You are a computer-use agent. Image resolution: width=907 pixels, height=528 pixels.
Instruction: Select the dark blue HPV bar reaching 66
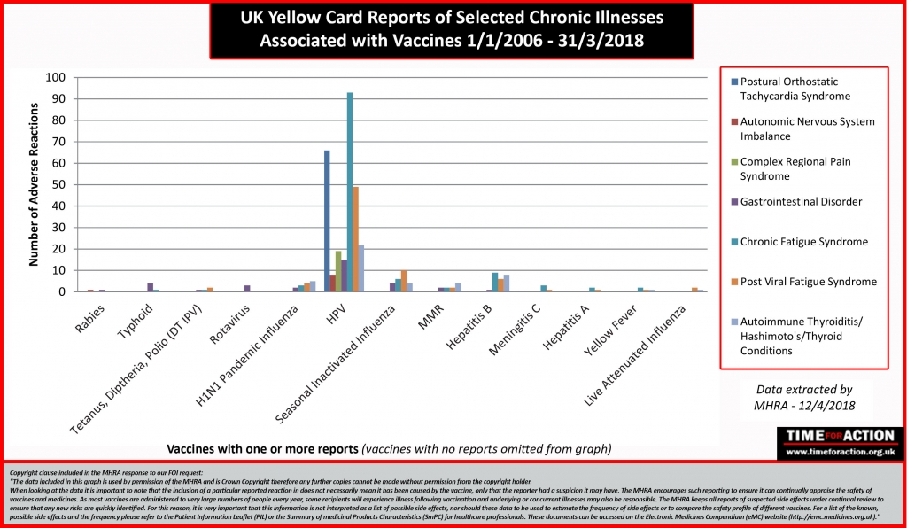click(327, 221)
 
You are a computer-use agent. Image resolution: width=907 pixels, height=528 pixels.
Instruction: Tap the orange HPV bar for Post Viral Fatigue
click(355, 239)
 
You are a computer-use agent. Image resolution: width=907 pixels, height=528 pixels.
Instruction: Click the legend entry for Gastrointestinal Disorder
click(801, 202)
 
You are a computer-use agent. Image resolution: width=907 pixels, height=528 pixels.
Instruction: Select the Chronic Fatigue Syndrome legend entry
click(803, 242)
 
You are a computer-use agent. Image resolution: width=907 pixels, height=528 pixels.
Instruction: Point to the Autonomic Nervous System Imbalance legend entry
click(806, 129)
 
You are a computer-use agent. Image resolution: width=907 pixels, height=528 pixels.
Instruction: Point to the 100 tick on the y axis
click(55, 78)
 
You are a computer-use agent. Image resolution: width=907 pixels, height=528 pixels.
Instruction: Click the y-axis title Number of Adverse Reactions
click(33, 184)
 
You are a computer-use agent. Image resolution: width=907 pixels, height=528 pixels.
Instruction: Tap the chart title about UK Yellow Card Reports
click(452, 30)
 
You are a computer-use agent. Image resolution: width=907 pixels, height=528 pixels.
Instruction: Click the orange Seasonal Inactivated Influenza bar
click(404, 281)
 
